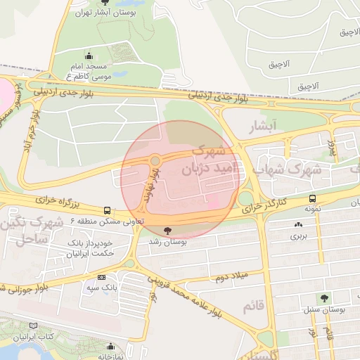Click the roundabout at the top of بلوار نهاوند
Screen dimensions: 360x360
[154, 161]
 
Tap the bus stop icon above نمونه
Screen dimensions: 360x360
[312, 199]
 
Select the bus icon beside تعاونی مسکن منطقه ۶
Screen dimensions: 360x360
[107, 210]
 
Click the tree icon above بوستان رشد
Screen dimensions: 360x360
[167, 231]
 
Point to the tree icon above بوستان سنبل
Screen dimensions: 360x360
[324, 299]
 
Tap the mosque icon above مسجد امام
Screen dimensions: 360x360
[89, 56]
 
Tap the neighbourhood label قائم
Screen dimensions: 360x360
[252, 307]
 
